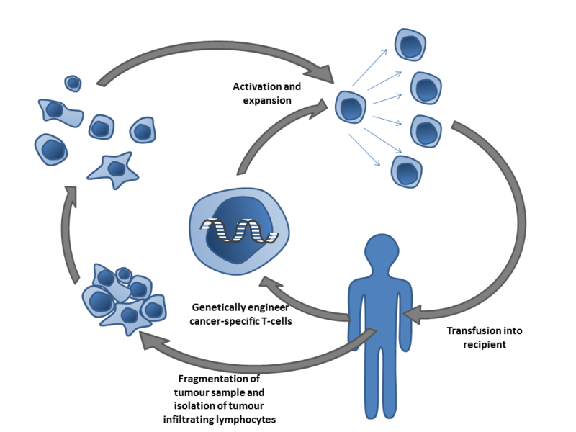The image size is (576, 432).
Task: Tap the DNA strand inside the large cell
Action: (238, 229)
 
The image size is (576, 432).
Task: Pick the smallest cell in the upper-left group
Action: (73, 83)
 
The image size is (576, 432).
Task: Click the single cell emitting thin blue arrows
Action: (350, 108)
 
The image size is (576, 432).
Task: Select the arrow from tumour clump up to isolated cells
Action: (72, 230)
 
